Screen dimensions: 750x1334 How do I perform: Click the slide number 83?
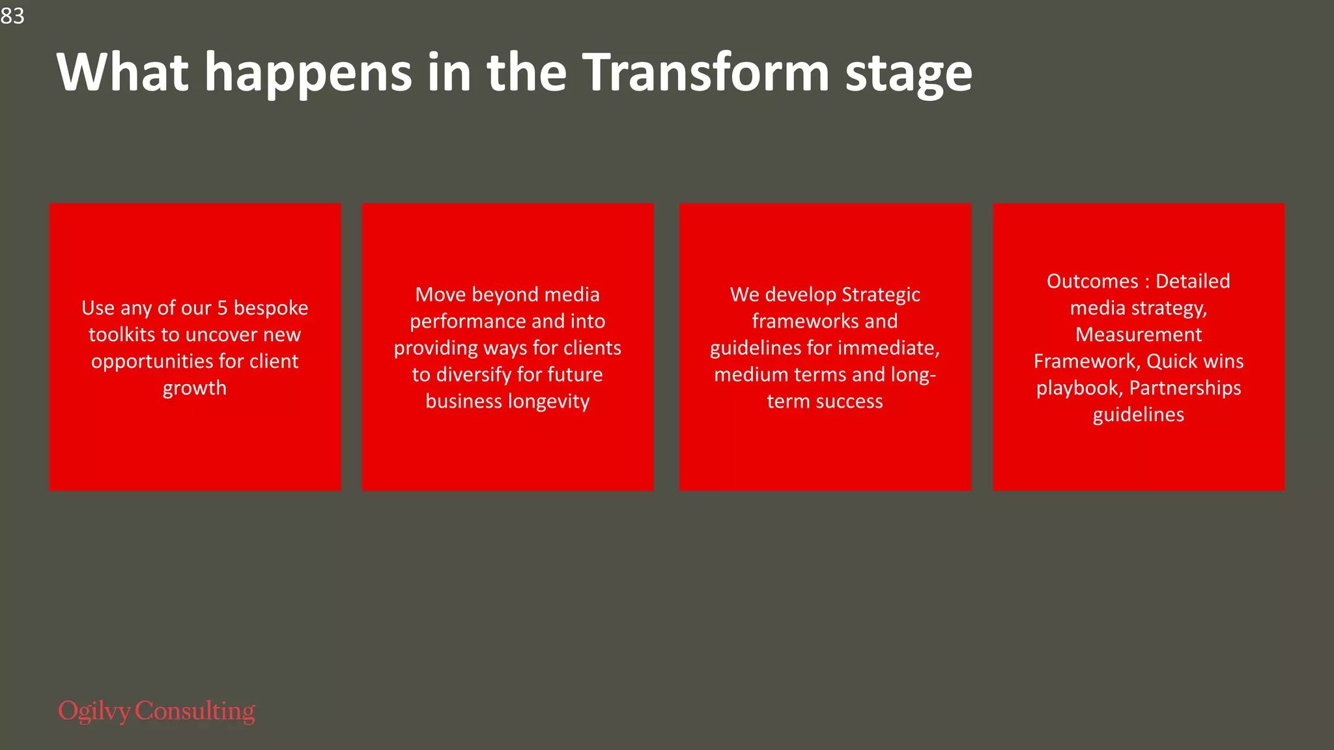(x=12, y=16)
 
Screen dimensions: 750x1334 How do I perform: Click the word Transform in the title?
(x=705, y=72)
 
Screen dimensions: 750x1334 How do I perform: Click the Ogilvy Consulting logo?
(x=156, y=711)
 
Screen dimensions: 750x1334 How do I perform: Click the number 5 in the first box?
(x=222, y=308)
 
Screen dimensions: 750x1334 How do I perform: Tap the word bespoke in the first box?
(x=271, y=309)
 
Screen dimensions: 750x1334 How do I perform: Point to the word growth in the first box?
(x=195, y=389)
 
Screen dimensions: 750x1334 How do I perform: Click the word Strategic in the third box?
(x=881, y=295)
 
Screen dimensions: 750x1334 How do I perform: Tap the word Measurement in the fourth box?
(x=1139, y=335)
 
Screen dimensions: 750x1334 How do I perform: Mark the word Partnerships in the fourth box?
(x=1185, y=388)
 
